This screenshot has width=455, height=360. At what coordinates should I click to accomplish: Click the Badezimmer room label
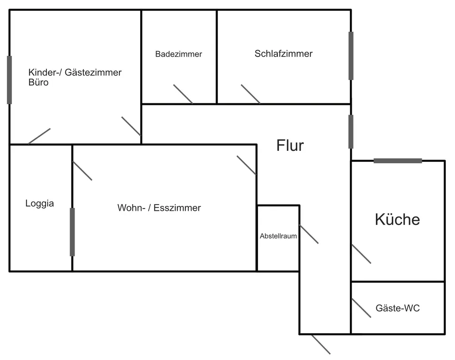coord(178,54)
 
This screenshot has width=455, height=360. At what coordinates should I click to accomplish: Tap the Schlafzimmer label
coord(283,54)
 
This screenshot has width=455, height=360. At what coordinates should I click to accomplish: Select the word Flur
coord(290,145)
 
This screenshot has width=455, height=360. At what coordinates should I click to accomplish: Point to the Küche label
coord(397,220)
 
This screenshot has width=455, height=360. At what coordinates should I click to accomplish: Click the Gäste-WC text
coord(397,308)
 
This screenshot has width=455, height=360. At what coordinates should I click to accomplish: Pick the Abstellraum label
coord(278,236)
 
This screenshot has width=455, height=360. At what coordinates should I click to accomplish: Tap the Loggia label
coord(40,204)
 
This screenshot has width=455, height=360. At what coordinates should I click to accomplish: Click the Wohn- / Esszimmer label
coord(159,208)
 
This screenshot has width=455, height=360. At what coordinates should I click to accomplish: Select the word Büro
coord(38,83)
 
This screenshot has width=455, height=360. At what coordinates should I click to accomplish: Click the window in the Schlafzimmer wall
coord(351,55)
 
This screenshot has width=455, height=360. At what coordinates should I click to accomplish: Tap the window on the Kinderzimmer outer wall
coord(10,80)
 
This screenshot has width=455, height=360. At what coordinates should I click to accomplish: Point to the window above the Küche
coord(398,160)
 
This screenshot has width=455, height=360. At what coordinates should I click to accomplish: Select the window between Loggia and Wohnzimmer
coord(72,232)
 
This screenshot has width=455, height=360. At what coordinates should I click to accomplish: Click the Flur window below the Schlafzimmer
coord(351,131)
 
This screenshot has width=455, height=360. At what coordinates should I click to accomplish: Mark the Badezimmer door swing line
coord(183,94)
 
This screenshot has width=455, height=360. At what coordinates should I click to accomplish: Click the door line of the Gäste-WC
coord(361,308)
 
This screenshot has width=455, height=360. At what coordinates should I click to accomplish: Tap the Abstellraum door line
coord(308,234)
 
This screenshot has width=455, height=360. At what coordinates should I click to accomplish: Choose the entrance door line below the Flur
coord(321,344)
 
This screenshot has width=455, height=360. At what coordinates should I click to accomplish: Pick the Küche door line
coord(361,254)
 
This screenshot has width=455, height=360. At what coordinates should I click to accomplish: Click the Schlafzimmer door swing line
coord(251,94)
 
